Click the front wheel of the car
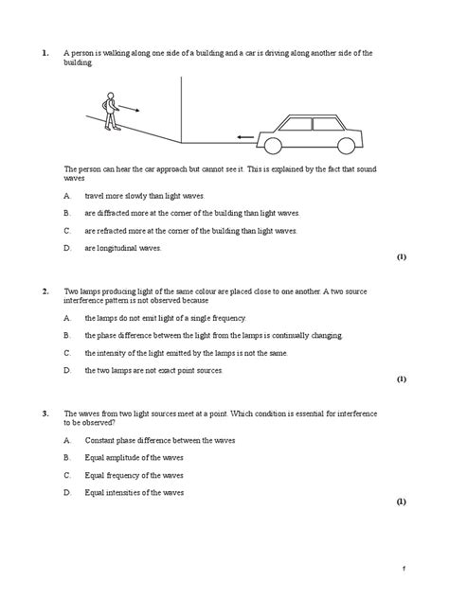273,144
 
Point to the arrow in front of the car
245,137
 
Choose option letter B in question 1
67,213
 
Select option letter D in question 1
67,247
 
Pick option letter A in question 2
67,318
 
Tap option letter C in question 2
67,352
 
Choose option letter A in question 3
67,441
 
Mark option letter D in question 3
67,492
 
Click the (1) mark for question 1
401,256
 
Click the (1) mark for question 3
401,501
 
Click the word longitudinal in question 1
118,247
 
